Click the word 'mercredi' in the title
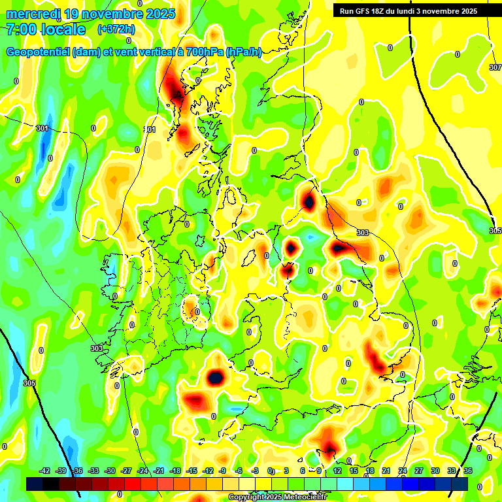[x=32, y=14]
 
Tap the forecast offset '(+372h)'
[x=116, y=29]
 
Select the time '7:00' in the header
[x=20, y=29]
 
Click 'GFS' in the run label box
[x=363, y=10]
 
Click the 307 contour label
[x=495, y=67]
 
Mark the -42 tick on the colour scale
[x=45, y=471]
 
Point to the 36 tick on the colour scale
[x=467, y=471]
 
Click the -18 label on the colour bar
[x=175, y=471]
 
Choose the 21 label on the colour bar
[x=386, y=471]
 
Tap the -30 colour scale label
[x=110, y=471]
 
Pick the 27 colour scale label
[x=418, y=471]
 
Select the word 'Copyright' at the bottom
[x=245, y=497]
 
